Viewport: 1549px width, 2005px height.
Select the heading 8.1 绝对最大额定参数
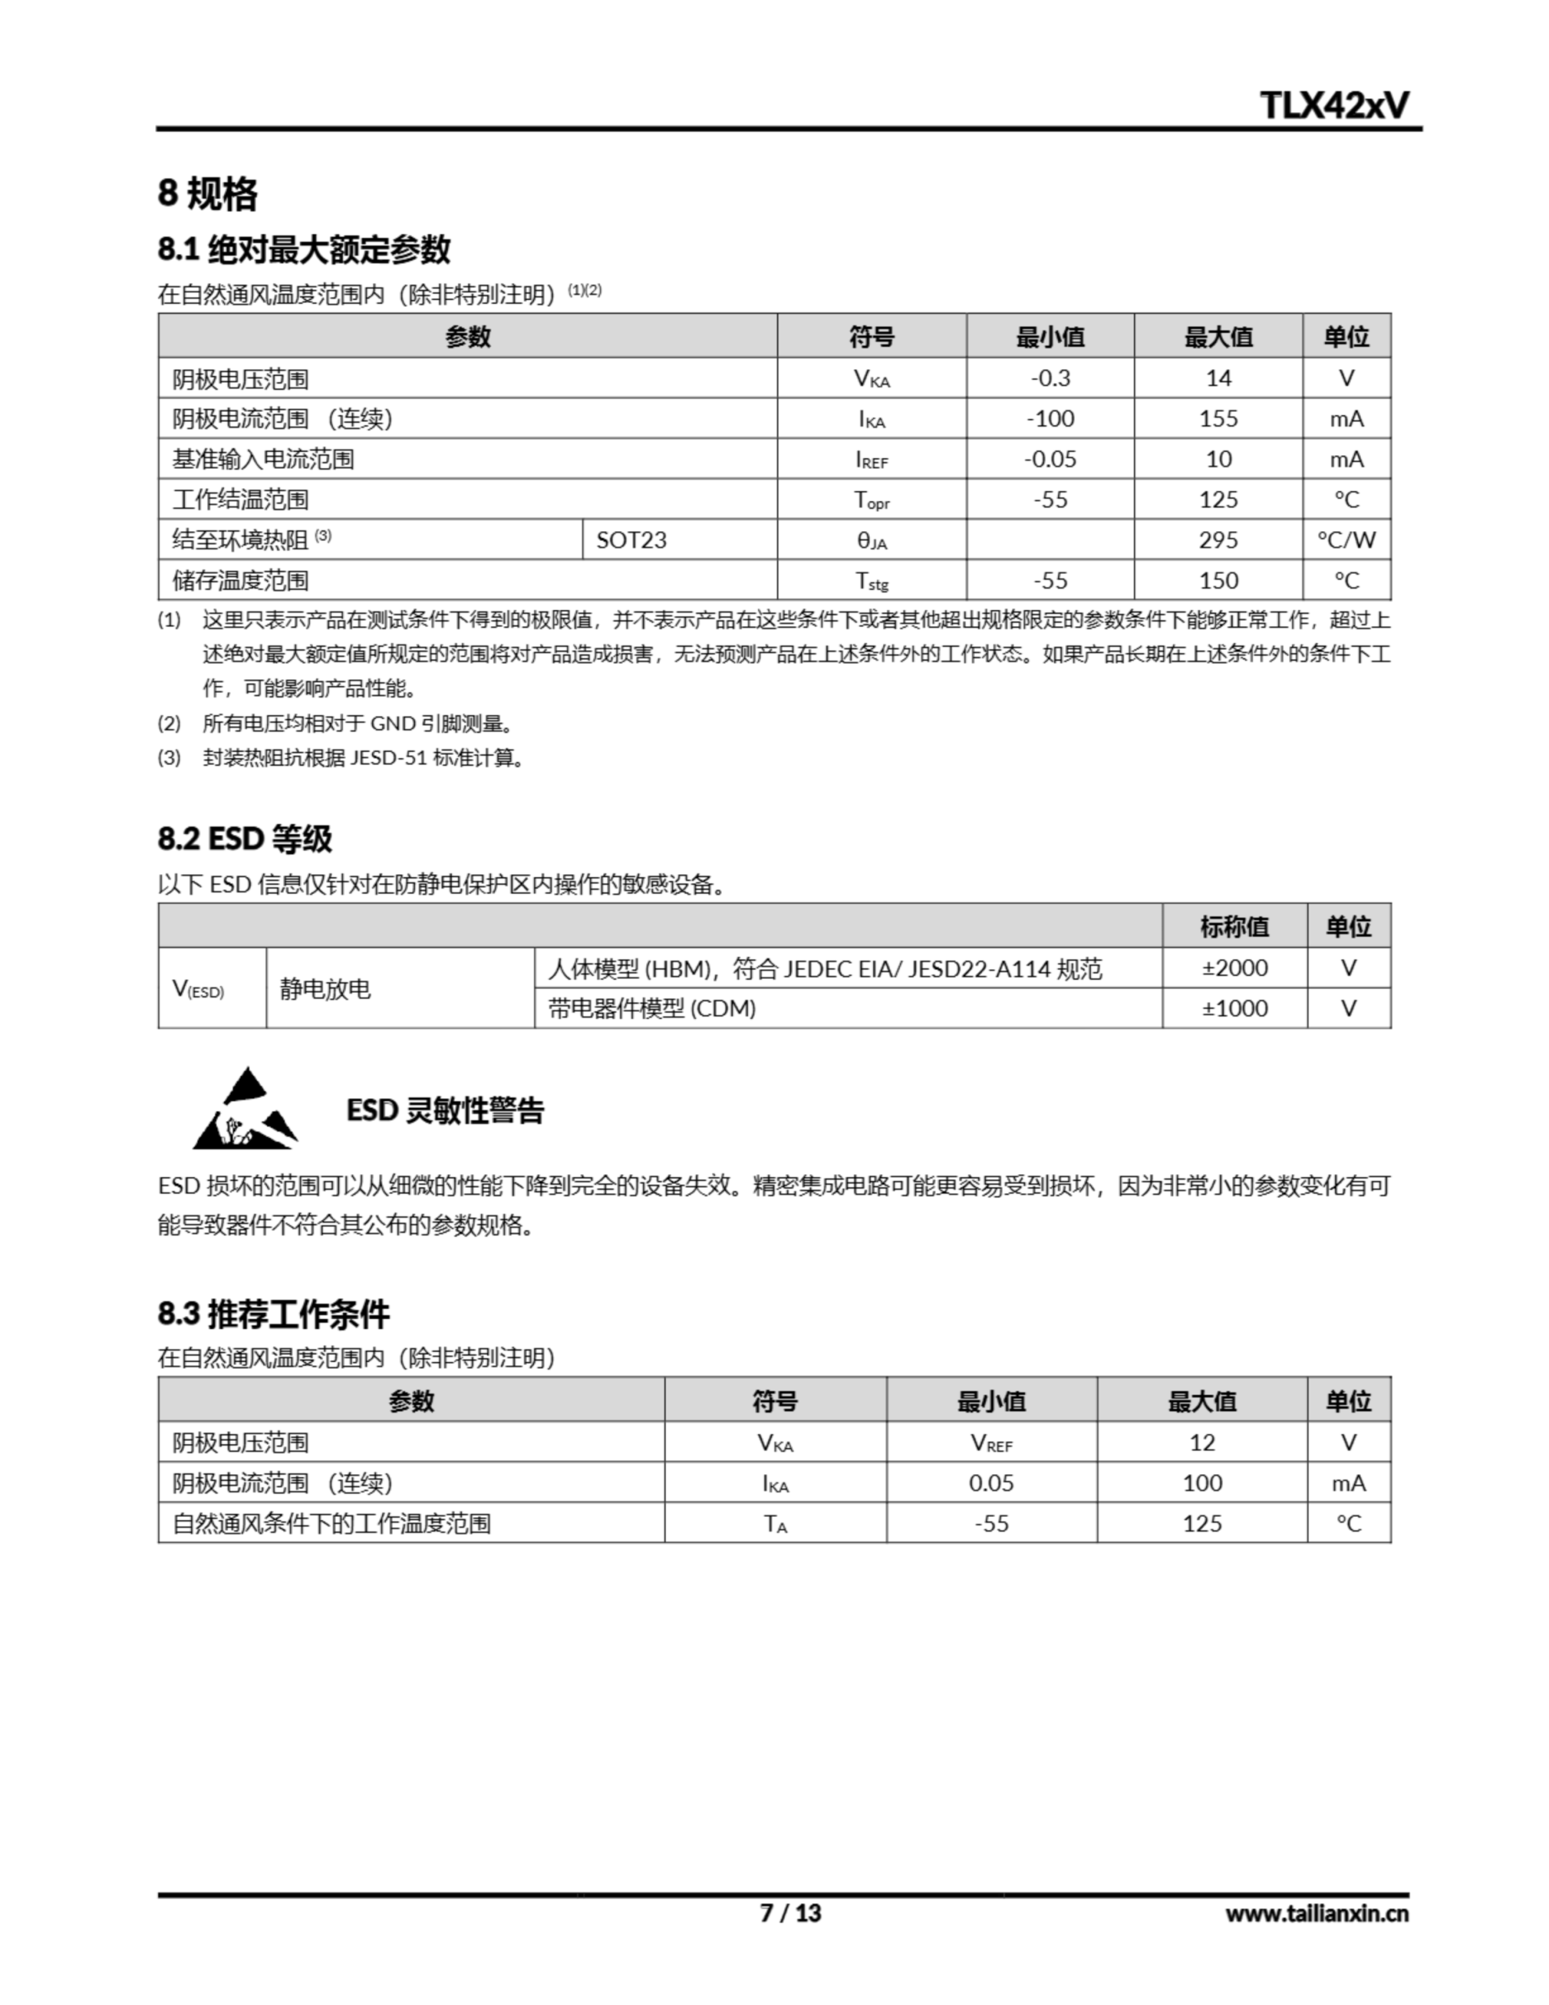(304, 249)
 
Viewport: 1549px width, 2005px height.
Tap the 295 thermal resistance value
(1218, 540)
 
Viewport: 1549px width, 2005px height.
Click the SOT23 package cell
(632, 540)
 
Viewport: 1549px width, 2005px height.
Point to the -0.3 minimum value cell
(1049, 378)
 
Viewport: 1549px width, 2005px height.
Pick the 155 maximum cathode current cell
(1218, 419)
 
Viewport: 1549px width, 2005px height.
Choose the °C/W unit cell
(1346, 540)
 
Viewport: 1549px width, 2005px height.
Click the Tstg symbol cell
(872, 580)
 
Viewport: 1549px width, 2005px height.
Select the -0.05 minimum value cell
(1049, 459)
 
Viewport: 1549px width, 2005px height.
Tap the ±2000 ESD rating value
(1234, 967)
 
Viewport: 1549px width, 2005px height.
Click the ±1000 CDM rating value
(1234, 1008)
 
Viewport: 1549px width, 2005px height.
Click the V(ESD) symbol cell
(198, 988)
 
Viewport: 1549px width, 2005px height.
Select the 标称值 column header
(1234, 927)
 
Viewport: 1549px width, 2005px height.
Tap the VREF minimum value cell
(991, 1442)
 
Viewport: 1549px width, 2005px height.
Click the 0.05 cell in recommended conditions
(991, 1483)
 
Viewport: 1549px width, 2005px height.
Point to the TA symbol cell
(775, 1524)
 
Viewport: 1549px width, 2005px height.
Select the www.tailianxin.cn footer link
(1316, 1914)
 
